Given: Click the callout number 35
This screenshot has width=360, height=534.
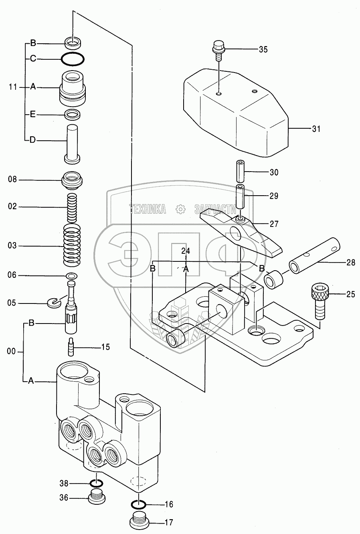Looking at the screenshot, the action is point(263,49).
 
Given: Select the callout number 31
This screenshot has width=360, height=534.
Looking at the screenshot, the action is point(316,129).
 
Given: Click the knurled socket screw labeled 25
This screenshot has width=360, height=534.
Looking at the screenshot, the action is point(320,301).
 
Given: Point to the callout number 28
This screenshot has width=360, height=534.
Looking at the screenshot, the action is point(350,263).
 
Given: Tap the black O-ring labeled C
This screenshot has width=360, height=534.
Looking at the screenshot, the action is point(73,59).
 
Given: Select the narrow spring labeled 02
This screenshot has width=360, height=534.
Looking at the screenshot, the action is point(72,207).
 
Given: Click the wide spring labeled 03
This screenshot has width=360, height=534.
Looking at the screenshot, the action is point(72,245).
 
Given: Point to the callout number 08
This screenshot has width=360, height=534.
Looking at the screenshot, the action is point(12,179).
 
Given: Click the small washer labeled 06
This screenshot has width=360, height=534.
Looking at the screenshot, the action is point(71,276).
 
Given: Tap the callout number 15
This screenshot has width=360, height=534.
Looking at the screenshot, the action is point(105,347).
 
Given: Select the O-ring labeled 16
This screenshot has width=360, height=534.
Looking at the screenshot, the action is point(139,504).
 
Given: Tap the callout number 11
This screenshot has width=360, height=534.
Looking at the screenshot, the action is point(13,87).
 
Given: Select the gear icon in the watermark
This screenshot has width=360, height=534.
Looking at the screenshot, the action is point(180,209).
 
